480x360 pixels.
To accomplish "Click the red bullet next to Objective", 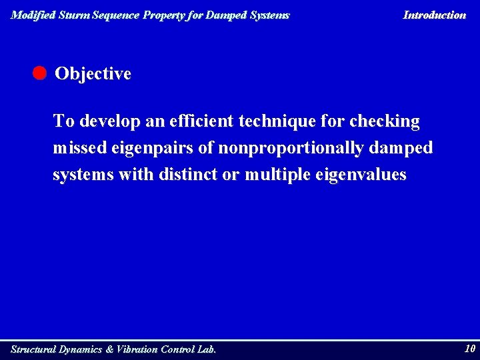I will tap(39, 73).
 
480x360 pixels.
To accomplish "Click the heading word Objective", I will tap(93, 74).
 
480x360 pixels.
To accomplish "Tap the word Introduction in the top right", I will tap(434, 15).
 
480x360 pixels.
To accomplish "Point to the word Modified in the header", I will tap(33, 15).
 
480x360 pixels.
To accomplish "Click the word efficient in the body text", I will tap(200, 121).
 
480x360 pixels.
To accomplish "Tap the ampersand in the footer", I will tap(109, 349).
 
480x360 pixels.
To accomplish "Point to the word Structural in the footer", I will tap(33, 349).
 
